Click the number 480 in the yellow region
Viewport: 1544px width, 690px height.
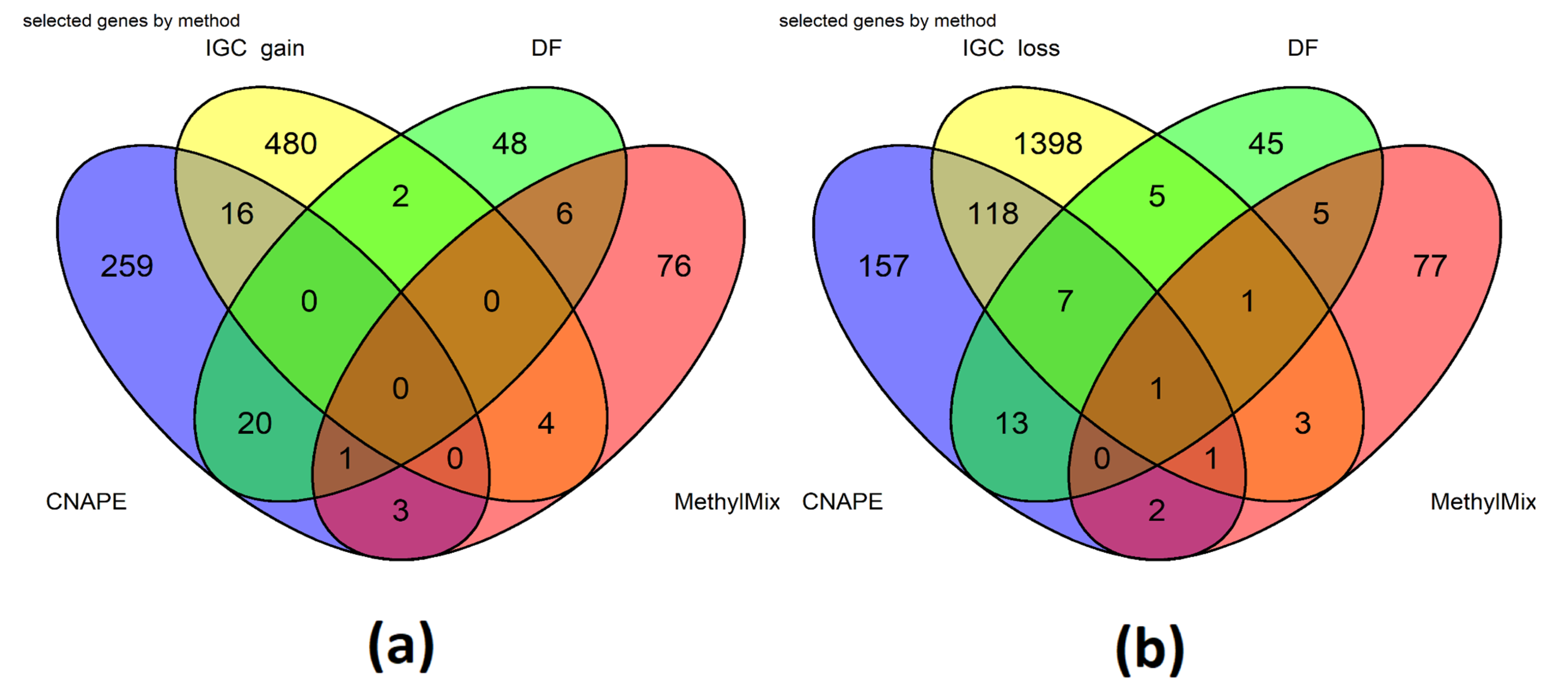pos(291,144)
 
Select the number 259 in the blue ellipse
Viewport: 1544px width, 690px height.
pos(127,266)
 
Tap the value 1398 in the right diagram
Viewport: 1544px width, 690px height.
pos(1048,144)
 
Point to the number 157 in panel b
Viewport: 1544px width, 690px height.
pos(884,266)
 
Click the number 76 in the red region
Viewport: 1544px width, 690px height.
pos(674,266)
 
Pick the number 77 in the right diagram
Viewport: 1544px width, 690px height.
pos(1430,266)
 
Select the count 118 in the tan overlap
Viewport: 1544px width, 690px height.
pos(993,213)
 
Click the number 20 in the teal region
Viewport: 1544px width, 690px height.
pos(255,423)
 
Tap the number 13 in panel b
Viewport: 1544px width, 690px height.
pos(1012,423)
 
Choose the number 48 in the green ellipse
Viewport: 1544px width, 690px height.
pos(509,144)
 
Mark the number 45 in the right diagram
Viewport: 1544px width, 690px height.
pos(1266,144)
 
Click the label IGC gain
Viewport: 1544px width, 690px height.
pos(255,48)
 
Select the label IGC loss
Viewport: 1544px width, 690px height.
pos(1011,48)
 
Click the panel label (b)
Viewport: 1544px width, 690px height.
pos(1150,649)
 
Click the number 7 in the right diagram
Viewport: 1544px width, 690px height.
pos(1065,301)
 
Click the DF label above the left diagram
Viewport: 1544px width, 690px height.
pos(546,48)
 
